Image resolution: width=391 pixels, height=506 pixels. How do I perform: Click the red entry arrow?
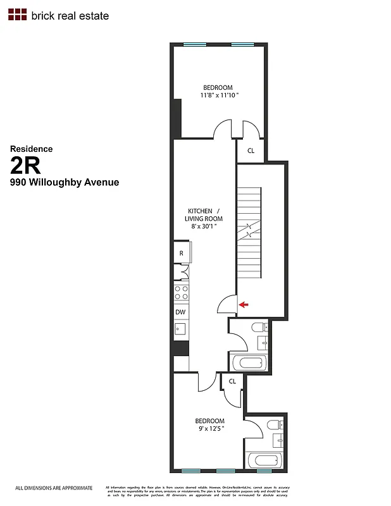tap(244, 305)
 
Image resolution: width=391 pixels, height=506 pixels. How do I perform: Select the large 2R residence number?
tap(25, 166)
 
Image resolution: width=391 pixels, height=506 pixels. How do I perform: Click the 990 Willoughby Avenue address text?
tap(64, 183)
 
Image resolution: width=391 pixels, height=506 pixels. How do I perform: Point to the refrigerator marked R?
tap(182, 253)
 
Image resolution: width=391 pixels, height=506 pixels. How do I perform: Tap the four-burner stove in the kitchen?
tap(182, 292)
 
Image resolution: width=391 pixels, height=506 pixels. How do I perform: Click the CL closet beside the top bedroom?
tap(251, 151)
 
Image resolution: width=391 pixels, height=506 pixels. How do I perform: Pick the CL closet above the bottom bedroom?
tap(232, 381)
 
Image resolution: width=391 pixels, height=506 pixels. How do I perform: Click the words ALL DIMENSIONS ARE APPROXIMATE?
tap(54, 488)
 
